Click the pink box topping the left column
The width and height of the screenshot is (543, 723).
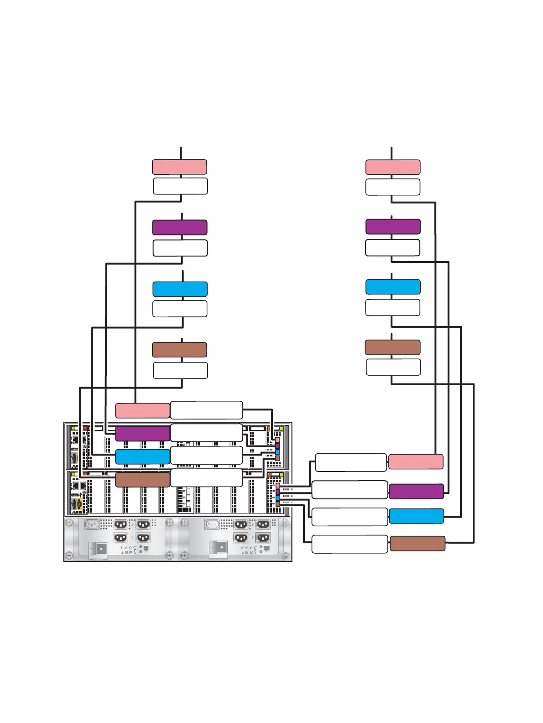pyautogui.click(x=179, y=167)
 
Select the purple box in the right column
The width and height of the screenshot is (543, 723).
pyautogui.click(x=393, y=226)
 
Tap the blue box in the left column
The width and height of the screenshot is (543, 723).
pyautogui.click(x=180, y=289)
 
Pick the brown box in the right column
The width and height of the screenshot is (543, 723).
pyautogui.click(x=392, y=347)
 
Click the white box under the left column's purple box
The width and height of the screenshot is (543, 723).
pyautogui.click(x=180, y=248)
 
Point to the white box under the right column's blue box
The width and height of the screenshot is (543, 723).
pyautogui.click(x=392, y=307)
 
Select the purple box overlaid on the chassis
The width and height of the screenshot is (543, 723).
pyautogui.click(x=142, y=434)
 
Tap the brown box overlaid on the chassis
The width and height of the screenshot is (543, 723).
pyautogui.click(x=142, y=480)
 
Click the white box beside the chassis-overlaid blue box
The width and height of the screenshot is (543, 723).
pyautogui.click(x=206, y=456)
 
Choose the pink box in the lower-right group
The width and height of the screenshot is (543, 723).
pyautogui.click(x=416, y=461)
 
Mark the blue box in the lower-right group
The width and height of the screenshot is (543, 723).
pyautogui.click(x=416, y=516)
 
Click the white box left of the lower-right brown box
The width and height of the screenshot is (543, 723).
pyautogui.click(x=350, y=544)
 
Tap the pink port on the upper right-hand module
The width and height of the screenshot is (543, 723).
pyautogui.click(x=277, y=440)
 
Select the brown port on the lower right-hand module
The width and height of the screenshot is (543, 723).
pyautogui.click(x=277, y=504)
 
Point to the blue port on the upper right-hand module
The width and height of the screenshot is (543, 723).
pyautogui.click(x=277, y=452)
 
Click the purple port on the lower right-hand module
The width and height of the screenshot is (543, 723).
pyautogui.click(x=277, y=492)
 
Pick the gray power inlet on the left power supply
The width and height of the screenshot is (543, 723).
pyautogui.click(x=92, y=524)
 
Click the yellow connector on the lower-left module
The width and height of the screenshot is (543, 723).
pyautogui.click(x=79, y=504)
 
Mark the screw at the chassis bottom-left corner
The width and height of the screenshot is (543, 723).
pyautogui.click(x=69, y=555)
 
